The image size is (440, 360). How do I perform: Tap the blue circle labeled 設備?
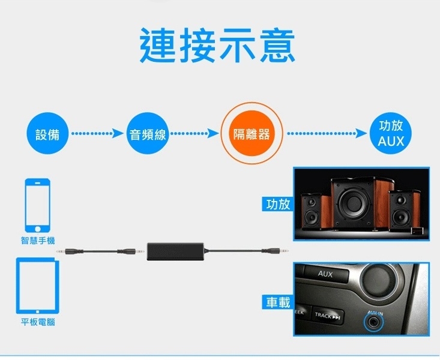pos(47,134)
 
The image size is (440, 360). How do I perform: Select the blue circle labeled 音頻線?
pos(148,134)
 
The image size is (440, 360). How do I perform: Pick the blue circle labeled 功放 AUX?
pos(391,134)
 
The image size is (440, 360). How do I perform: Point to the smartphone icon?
pos(37,205)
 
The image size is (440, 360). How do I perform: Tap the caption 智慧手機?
pos(37,241)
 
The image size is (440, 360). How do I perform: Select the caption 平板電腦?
pos(37,322)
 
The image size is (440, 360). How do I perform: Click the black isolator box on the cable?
pos(176,248)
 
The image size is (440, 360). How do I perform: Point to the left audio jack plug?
pos(67,249)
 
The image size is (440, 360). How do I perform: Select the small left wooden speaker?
pos(313,210)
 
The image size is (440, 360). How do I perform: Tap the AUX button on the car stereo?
pos(325,274)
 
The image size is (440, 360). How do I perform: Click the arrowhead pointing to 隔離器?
pos(212,134)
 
